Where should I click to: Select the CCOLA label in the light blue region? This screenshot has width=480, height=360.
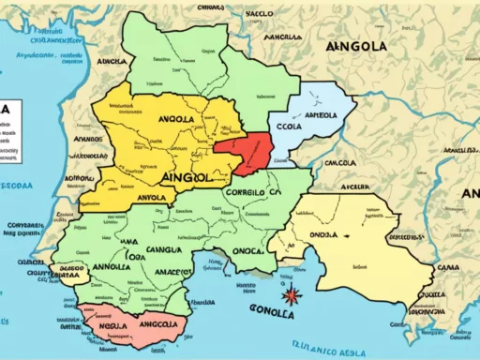(289, 120)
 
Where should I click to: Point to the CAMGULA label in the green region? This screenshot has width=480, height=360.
(159, 251)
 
